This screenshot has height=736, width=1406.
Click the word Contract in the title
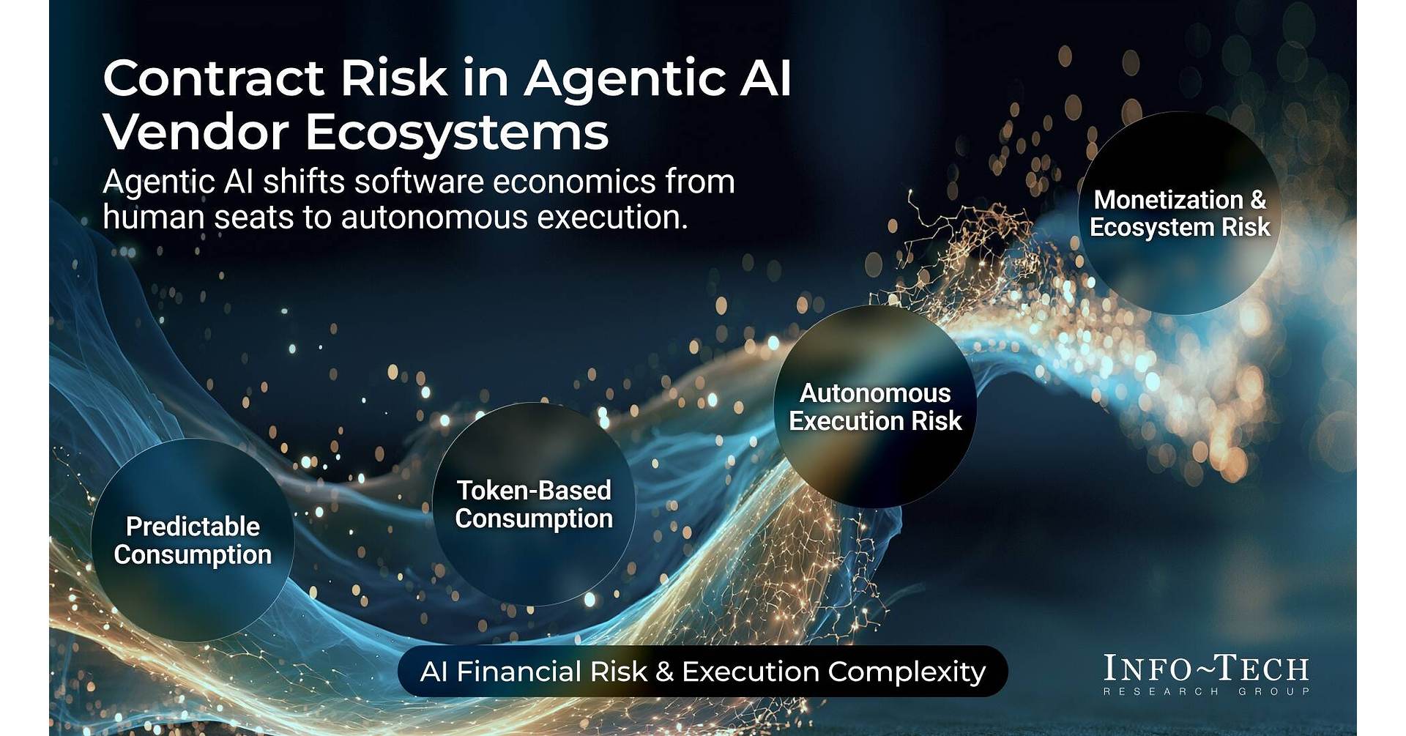213,78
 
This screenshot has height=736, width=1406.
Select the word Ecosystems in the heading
457,133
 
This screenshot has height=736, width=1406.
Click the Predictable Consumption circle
193,540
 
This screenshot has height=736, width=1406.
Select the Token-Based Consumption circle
534,504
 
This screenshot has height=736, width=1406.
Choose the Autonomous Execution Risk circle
875,406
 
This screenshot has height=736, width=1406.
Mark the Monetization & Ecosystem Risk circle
1180,213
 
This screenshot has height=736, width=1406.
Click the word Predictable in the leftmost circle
193,527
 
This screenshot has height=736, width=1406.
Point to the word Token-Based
534,491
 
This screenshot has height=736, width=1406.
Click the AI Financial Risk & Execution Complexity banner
703,671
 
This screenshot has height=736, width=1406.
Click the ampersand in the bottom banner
664,672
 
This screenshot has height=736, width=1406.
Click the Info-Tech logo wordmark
1206,668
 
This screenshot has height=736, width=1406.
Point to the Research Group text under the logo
1206,691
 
